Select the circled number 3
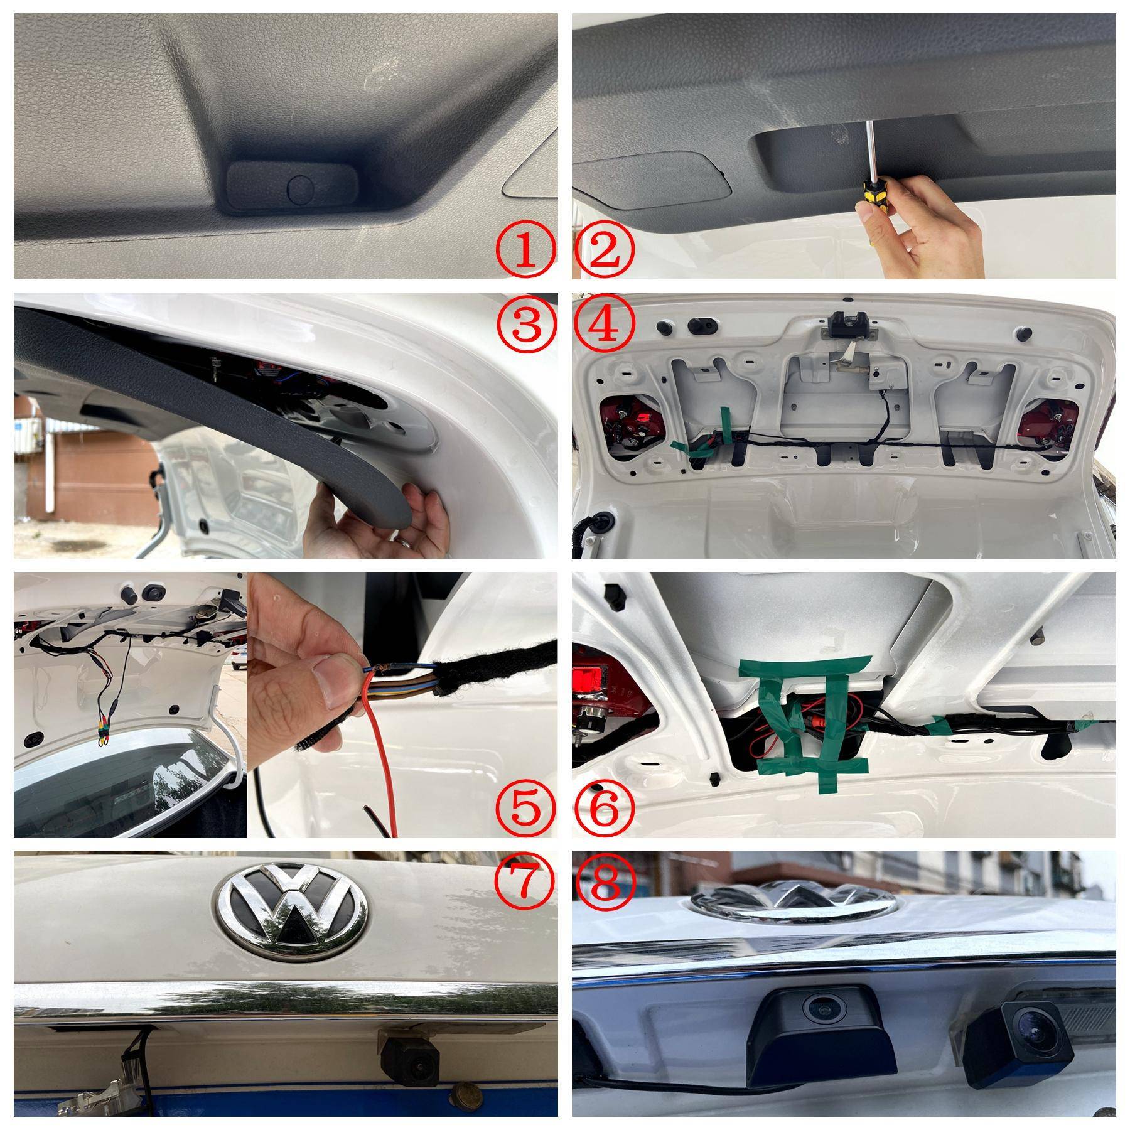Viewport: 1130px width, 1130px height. pos(527,325)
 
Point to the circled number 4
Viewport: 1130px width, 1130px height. pos(605,325)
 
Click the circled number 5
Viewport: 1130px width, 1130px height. pos(527,809)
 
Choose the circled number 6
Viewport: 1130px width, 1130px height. pos(605,809)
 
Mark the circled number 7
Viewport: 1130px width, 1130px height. pos(527,882)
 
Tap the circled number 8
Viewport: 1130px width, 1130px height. pos(605,882)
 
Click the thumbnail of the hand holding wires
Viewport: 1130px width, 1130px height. pos(402,705)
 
